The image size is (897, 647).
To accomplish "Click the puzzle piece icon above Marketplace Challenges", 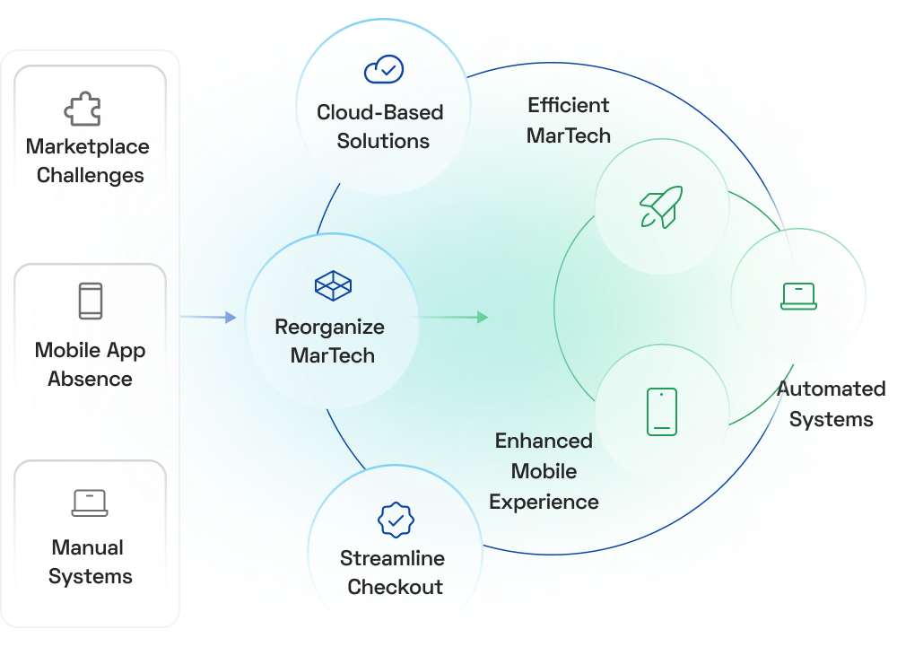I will point(82,109).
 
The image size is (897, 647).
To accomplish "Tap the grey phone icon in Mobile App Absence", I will point(90,301).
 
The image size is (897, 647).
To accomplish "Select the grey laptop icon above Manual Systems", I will point(90,503).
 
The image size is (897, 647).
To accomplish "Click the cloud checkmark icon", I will point(384,69).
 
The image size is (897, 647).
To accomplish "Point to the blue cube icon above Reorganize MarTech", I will point(333,286).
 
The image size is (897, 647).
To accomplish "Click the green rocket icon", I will point(661,206).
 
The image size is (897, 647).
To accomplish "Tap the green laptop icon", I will point(798,296).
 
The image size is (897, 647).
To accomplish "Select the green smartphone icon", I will point(662,412).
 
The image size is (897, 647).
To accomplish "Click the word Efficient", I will point(568,105).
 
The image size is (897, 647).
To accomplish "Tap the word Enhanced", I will point(544,441).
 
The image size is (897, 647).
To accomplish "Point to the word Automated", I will point(831,389).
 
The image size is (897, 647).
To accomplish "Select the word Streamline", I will point(392,558).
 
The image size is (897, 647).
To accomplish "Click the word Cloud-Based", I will point(380,112).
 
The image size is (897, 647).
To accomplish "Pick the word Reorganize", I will point(329,327).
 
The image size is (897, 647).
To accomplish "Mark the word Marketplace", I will point(88,146).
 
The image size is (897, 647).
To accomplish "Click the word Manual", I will point(88,547).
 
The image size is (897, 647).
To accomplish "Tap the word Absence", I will point(90,379).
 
